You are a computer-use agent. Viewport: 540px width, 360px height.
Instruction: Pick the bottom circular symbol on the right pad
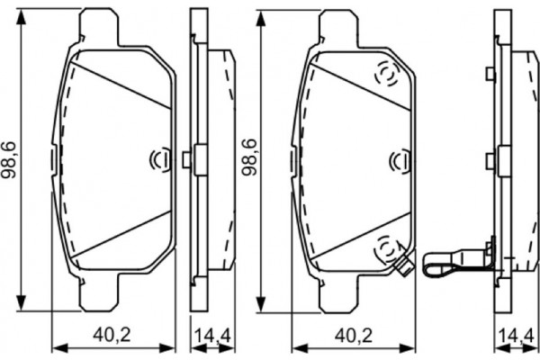pyautogui.click(x=385, y=244)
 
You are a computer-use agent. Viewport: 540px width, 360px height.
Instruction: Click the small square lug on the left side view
pyautogui.click(x=186, y=159)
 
